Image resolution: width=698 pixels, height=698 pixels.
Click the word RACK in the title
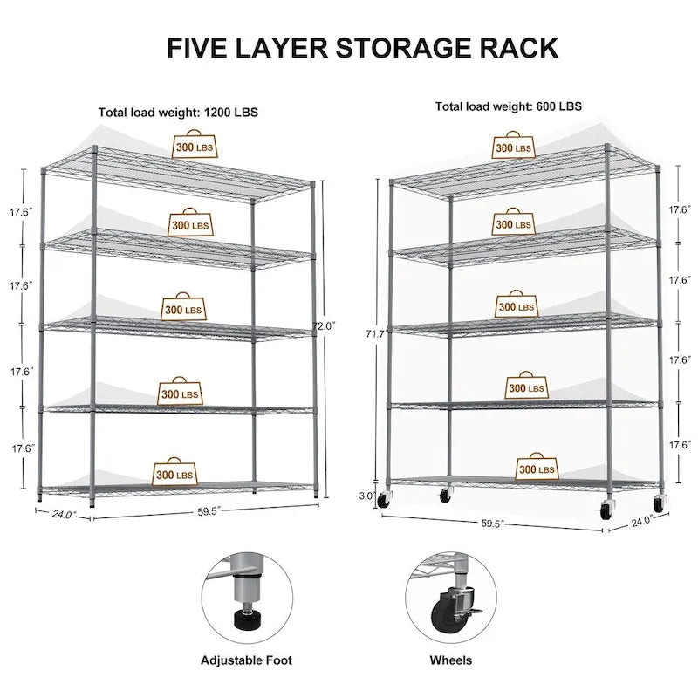(x=518, y=48)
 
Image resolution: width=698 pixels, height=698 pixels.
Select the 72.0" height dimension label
(x=324, y=326)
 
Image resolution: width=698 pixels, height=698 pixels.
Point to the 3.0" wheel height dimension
(x=366, y=496)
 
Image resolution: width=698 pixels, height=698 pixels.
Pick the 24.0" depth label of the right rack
(x=643, y=522)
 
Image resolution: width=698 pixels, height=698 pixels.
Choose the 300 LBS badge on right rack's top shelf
(x=513, y=147)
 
